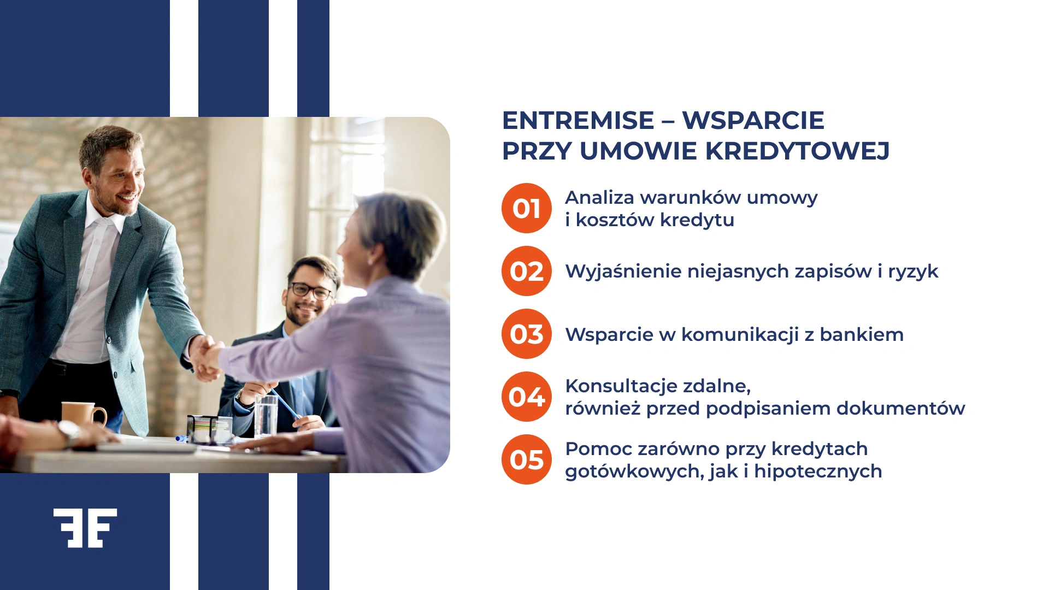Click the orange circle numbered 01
click(526, 208)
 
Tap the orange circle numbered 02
click(526, 271)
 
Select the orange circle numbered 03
click(526, 334)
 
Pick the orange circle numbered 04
click(526, 397)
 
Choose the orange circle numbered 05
click(526, 459)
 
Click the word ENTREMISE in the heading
click(577, 121)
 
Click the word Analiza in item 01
click(599, 197)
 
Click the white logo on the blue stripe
click(85, 528)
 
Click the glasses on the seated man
click(310, 290)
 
